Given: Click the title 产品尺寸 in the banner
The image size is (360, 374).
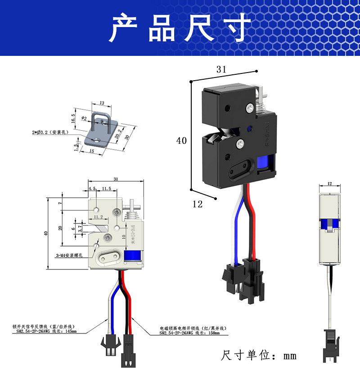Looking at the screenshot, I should pos(180,28).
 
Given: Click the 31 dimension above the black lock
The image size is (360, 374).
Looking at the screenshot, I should pos(221,69).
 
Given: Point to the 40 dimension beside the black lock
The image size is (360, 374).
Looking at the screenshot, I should pos(181,141).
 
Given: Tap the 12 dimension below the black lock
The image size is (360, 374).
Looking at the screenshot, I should pos(197,204).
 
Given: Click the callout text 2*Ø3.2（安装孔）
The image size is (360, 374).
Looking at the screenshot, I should pos(49,132).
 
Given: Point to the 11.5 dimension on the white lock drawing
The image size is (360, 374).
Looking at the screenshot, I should pos(107,188).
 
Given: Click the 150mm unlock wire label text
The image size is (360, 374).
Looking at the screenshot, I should pos(194,331).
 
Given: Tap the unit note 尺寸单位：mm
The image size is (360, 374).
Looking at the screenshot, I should pos(259,356).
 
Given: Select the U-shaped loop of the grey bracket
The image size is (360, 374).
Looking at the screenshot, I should pos(102,118).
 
